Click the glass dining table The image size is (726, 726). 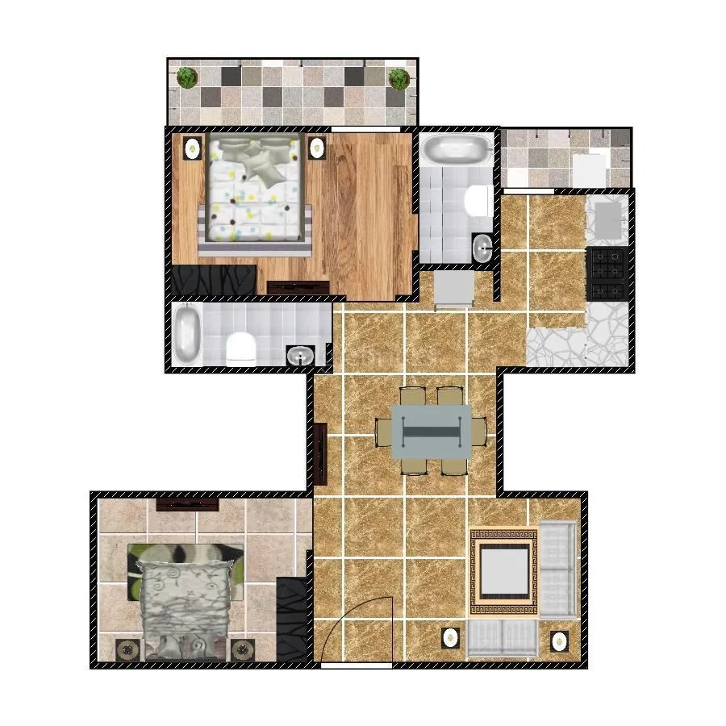(x=432, y=432)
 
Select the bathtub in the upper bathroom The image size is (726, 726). (x=456, y=149)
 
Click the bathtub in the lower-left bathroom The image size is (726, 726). (x=187, y=334)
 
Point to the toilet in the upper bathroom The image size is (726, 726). (x=479, y=200)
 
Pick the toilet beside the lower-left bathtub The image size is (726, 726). (x=240, y=348)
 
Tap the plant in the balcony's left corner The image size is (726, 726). (x=187, y=77)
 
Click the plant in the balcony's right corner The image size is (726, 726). (x=398, y=78)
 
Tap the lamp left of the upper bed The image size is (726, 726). (x=193, y=148)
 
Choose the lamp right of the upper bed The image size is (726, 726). (x=317, y=148)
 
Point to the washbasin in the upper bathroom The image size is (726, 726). (x=482, y=248)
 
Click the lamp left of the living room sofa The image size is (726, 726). (x=450, y=639)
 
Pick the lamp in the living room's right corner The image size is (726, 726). (x=559, y=641)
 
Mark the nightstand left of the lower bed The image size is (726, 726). (x=127, y=650)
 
